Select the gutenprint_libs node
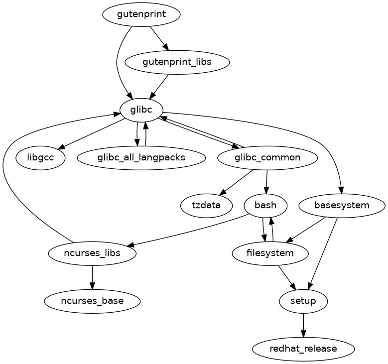pyautogui.click(x=177, y=63)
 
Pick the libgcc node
pyautogui.click(x=41, y=158)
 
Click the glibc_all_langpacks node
pyautogui.click(x=142, y=158)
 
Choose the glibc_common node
pyautogui.click(x=267, y=158)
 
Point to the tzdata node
pyautogui.click(x=206, y=205)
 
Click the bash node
pyautogui.click(x=265, y=205)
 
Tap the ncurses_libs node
pyautogui.click(x=92, y=253)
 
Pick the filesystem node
pyautogui.click(x=270, y=253)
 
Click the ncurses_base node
pyautogui.click(x=92, y=301)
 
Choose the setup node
pyautogui.click(x=303, y=301)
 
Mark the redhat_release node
pyautogui.click(x=303, y=349)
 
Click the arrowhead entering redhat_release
pyautogui.click(x=303, y=335)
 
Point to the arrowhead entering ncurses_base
pyautogui.click(x=92, y=287)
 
